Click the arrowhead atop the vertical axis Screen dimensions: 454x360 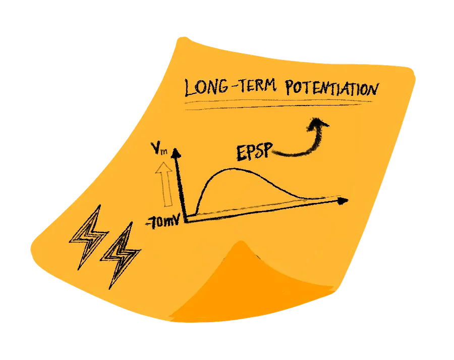click(x=176, y=151)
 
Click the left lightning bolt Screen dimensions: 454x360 click(x=88, y=235)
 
